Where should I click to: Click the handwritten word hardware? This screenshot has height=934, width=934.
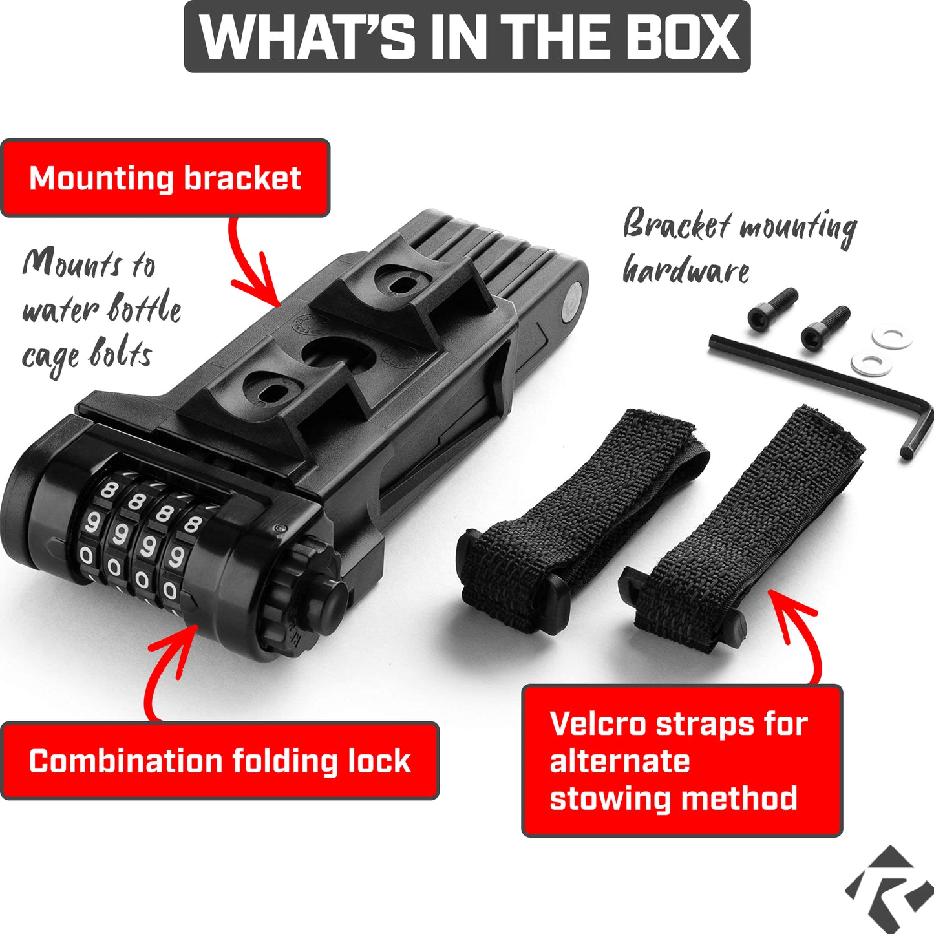(x=686, y=269)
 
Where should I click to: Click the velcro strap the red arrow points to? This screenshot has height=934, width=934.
(x=741, y=528)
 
